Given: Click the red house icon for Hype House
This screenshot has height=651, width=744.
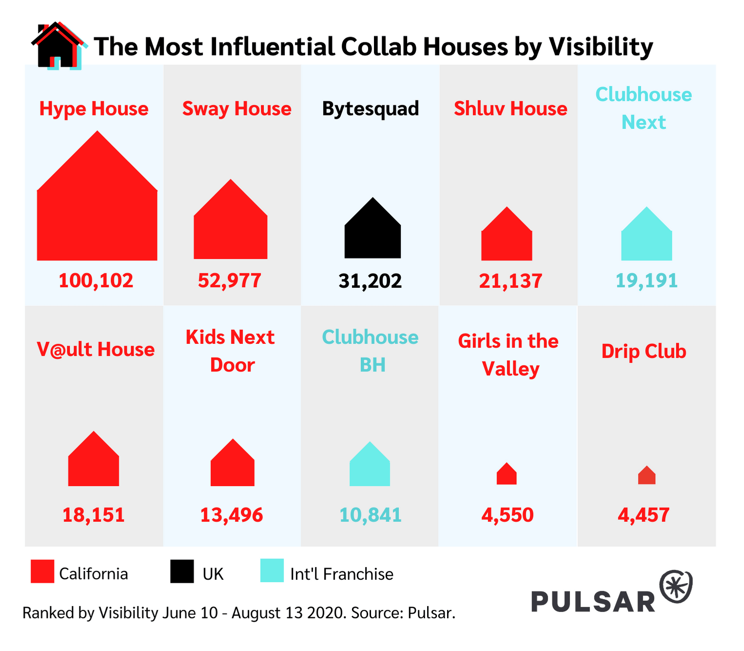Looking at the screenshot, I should tap(97, 210).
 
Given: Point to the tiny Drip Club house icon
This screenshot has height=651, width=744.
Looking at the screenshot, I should tap(646, 476).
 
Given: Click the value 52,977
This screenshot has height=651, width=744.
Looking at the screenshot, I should tap(230, 280).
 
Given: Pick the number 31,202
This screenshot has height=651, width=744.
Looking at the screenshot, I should tap(370, 281).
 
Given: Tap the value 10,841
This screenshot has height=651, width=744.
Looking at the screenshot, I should tap(370, 515).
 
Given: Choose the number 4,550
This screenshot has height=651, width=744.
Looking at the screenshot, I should tap(508, 515).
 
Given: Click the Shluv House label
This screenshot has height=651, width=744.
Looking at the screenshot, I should tap(510, 109).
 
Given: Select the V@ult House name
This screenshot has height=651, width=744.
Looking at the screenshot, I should tap(96, 349).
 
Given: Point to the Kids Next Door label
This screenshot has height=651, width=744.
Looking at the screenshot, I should tap(231, 351).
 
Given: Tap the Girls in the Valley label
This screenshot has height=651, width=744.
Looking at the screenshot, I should tap(509, 355).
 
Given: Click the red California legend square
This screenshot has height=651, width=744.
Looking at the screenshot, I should tap(42, 571).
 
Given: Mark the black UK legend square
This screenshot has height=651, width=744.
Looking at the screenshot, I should tap(182, 571).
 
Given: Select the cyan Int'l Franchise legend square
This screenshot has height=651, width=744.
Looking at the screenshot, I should tap(272, 571).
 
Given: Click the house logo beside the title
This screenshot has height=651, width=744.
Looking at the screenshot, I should tap(58, 46).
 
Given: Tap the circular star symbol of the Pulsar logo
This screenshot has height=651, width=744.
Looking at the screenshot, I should tap(676, 586).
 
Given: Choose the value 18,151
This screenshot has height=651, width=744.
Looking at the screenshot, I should tap(94, 515).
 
